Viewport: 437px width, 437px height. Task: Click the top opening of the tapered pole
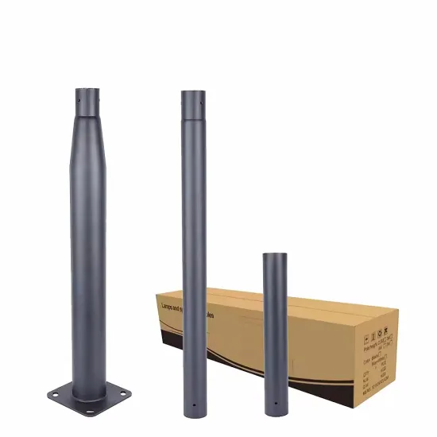click(90, 89)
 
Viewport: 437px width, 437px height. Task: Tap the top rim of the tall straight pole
click(193, 91)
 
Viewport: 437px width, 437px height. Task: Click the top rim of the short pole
click(275, 254)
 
